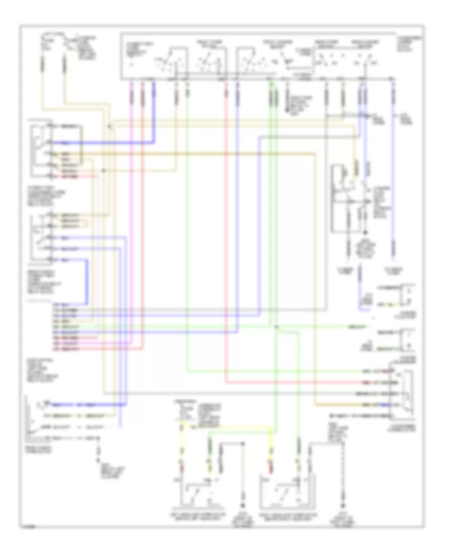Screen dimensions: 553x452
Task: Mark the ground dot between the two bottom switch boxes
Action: (x=243, y=505)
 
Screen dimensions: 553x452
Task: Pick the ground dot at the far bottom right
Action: (x=344, y=505)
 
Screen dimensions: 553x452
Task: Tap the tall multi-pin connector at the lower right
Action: (x=406, y=394)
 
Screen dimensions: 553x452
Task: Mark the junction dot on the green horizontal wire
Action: (x=277, y=328)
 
